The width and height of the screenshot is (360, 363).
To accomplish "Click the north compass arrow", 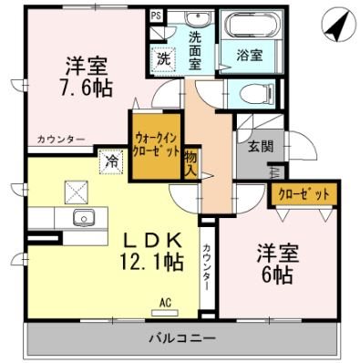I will [334, 26].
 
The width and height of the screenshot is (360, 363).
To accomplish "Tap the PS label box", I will [155, 16].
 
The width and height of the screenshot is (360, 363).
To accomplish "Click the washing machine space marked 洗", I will [162, 57].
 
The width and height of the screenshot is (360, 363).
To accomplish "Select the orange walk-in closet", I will [155, 144].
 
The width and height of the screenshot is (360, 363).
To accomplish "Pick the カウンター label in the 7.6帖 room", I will [60, 139].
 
